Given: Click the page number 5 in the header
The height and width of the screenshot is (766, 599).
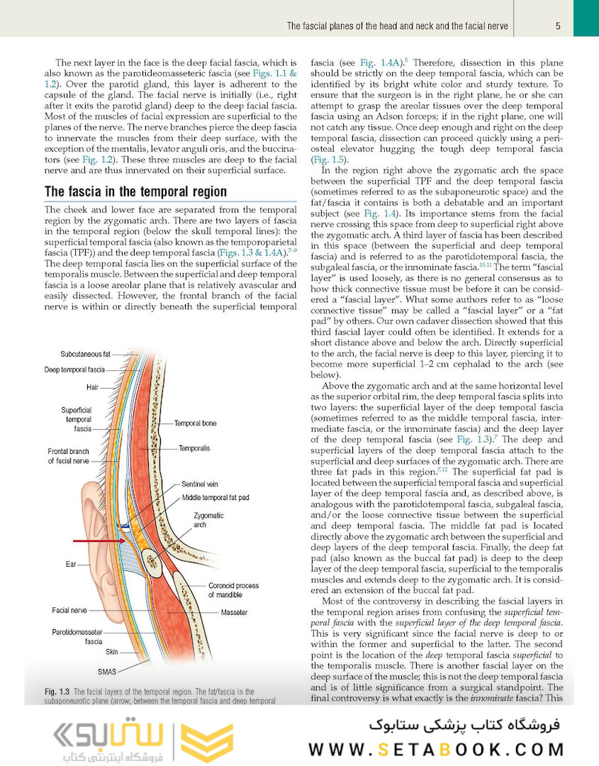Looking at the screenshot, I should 559,26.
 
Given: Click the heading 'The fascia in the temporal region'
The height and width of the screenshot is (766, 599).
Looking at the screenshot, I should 135,191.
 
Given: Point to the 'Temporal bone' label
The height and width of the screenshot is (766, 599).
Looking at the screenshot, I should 196,423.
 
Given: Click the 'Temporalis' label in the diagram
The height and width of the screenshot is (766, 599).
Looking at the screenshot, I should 194,448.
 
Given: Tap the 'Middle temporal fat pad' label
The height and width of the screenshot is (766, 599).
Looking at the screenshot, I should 215,498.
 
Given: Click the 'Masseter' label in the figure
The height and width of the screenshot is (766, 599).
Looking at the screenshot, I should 234,611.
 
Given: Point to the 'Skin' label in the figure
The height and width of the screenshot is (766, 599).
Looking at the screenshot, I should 112,651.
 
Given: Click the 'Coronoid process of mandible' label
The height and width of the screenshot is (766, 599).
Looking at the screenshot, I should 234,590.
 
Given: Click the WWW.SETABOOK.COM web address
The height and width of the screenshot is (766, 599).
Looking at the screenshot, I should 437,750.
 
